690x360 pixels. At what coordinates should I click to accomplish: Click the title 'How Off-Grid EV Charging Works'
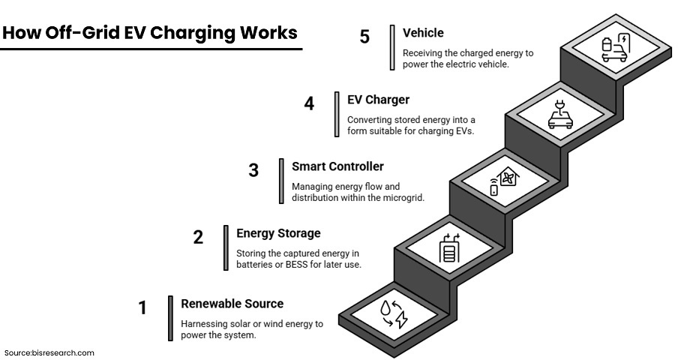[150, 34]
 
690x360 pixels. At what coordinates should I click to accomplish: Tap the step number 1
[142, 307]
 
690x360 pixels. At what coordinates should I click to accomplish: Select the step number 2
[198, 238]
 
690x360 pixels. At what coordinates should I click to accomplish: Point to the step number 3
[253, 170]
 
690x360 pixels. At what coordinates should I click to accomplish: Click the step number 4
[309, 103]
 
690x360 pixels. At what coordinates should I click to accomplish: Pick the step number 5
[364, 37]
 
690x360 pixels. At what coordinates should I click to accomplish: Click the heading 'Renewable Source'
[232, 304]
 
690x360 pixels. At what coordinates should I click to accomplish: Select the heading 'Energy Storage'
[278, 233]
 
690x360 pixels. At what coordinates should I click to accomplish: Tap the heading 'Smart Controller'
[337, 166]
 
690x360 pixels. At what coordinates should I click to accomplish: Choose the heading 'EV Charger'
[378, 99]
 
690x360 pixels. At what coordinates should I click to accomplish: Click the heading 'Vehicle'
[423, 33]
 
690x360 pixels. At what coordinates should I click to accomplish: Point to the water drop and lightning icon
[393, 313]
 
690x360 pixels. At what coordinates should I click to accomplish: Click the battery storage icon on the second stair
[448, 249]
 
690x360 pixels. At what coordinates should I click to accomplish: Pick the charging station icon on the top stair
[614, 47]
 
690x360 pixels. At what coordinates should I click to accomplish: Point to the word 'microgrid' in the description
[403, 198]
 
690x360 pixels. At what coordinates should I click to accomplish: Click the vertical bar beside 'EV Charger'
[337, 115]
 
